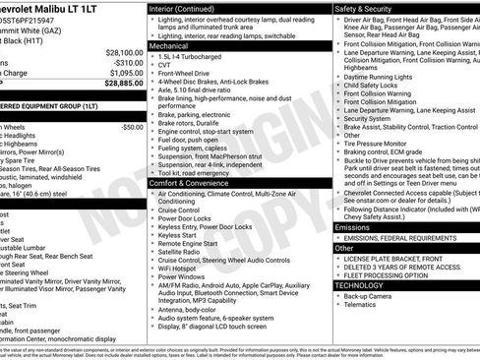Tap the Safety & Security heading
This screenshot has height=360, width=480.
pyautogui.click(x=371, y=8)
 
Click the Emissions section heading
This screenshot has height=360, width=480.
pyautogui.click(x=353, y=226)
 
